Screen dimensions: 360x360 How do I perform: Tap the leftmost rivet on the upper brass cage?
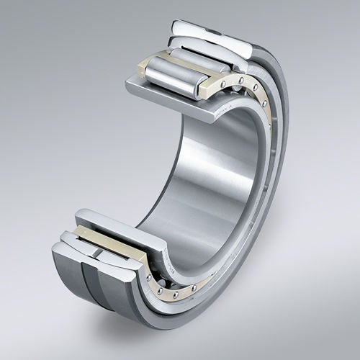click(x=225, y=84)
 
